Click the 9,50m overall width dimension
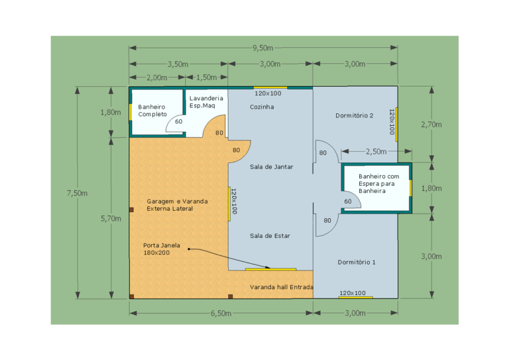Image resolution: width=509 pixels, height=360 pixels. tap(263, 48)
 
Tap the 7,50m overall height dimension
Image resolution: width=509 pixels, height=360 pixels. tap(78, 193)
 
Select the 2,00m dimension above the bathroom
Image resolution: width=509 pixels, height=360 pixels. tap(157, 78)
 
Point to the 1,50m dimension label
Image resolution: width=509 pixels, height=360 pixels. tap(207, 78)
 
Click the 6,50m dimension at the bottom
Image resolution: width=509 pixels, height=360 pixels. tap(221, 313)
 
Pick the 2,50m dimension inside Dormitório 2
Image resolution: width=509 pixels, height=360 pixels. tap(376, 152)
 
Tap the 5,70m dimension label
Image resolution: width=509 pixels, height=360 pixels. tap(111, 219)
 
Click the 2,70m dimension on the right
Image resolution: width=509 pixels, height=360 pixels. tap(431, 125)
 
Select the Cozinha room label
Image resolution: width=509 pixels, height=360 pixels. tap(262, 107)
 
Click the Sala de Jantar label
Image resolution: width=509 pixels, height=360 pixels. tap(271, 167)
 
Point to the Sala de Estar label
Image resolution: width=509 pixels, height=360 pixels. tap(270, 236)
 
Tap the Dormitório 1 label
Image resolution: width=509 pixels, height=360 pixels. tap(357, 263)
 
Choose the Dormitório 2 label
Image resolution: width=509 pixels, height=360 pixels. tap(354, 115)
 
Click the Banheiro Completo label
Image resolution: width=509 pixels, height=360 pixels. tap(152, 110)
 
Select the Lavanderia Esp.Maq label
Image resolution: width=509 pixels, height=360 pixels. tap(206, 102)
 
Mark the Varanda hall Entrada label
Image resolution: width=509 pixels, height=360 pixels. tap(282, 287)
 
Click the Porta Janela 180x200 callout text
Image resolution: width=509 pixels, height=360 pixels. tap(162, 249)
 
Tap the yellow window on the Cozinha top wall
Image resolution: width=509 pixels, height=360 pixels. tap(270, 88)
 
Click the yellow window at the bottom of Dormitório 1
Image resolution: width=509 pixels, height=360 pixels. tap(355, 298)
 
